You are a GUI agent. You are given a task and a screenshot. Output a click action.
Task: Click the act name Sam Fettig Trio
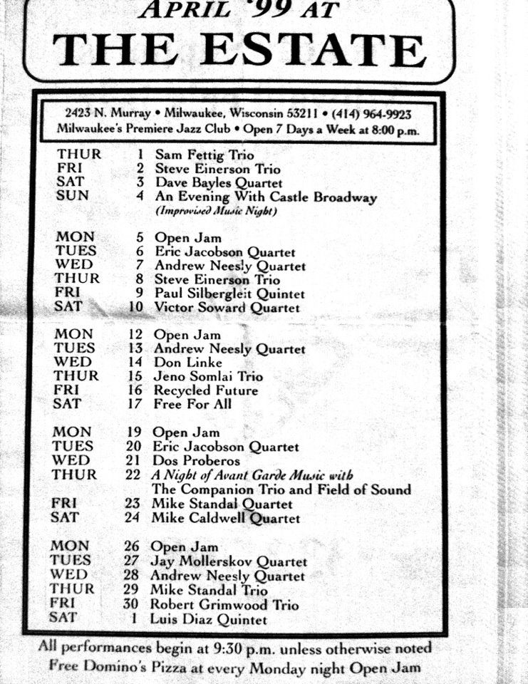(204, 155)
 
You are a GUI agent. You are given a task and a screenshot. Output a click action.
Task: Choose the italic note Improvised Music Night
(217, 212)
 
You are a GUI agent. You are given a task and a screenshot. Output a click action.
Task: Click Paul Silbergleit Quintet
(229, 294)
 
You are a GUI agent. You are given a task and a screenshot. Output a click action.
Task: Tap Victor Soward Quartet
(227, 308)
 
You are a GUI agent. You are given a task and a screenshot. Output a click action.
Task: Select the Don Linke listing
(187, 363)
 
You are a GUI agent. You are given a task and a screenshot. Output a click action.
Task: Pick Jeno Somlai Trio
(207, 376)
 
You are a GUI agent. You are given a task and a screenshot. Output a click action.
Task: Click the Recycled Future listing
(205, 390)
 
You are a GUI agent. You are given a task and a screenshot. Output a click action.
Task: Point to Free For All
(192, 404)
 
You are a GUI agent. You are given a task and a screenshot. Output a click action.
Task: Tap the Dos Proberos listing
(196, 461)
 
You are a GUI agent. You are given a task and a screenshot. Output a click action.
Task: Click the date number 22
(133, 475)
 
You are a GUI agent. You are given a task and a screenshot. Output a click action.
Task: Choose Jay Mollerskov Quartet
(229, 561)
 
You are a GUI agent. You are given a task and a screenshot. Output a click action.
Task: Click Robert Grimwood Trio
(224, 605)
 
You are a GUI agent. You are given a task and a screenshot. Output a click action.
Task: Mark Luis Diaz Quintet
(208, 619)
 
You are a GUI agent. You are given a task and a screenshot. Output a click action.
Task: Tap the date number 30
(133, 605)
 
